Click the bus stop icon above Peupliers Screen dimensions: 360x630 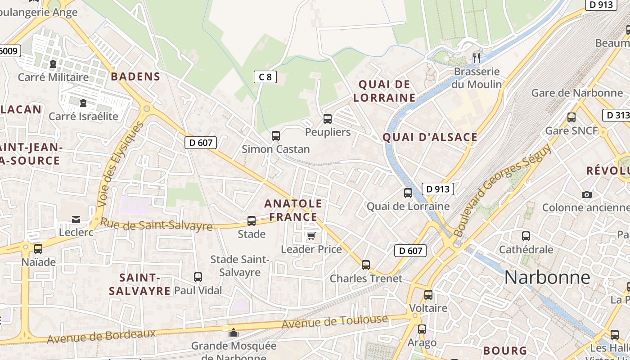click(x=328, y=119)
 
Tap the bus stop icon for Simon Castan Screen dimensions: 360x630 click(x=275, y=135)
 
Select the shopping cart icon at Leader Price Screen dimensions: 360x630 click(x=311, y=236)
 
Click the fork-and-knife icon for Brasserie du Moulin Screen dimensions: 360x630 click(x=477, y=58)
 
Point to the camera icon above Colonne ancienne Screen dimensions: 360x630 click(x=586, y=194)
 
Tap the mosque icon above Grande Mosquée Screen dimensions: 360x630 click(x=233, y=333)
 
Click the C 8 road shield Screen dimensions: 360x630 click(x=265, y=77)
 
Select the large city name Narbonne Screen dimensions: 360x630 click(x=547, y=277)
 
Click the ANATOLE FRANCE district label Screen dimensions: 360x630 click(x=293, y=210)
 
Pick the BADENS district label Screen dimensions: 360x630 click(x=135, y=76)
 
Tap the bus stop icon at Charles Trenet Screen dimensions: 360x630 click(x=366, y=265)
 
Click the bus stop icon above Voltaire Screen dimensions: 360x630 click(x=428, y=295)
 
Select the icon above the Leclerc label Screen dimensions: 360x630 click(x=76, y=219)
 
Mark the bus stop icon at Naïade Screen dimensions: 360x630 click(x=38, y=248)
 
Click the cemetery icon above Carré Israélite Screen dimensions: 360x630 click(x=83, y=103)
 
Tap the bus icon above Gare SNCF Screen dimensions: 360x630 click(x=571, y=117)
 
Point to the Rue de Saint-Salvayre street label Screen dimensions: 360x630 click(x=156, y=224)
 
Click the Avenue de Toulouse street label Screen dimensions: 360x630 click(x=334, y=322)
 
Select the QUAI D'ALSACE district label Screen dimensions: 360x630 click(x=430, y=137)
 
